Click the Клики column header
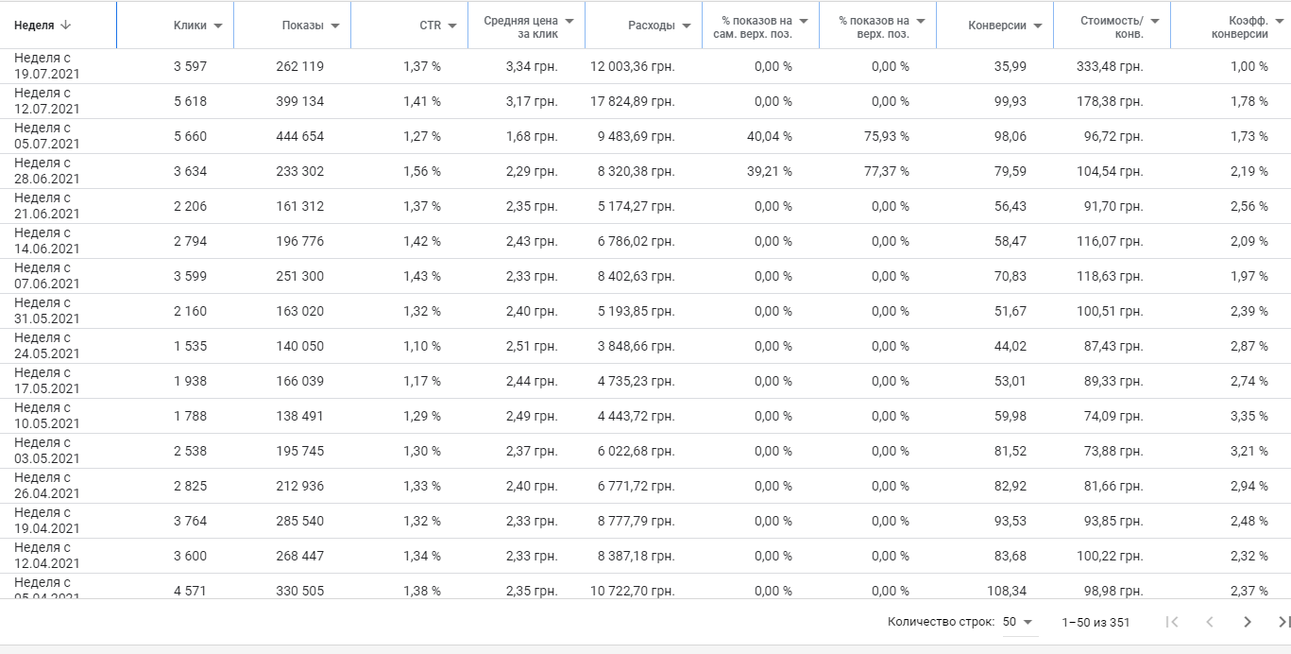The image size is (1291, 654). coord(190,26)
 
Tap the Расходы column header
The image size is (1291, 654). coord(651,26)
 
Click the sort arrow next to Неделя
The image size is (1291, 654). coord(65,26)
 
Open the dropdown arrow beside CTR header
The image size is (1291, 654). coord(452,26)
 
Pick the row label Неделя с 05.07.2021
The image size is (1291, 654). coord(47,136)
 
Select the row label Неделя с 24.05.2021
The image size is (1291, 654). coord(47,346)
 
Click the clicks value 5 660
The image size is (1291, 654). coord(190,136)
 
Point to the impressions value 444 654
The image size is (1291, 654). coord(300,136)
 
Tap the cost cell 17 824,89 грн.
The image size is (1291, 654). coord(633,101)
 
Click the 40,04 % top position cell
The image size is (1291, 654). coord(769,136)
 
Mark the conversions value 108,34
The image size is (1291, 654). coord(1005,591)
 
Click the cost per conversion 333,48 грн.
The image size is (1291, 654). coord(1110,66)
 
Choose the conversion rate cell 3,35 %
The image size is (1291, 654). coord(1249,416)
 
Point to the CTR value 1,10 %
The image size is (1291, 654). coord(422,346)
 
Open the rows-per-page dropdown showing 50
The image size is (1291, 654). coord(1018,622)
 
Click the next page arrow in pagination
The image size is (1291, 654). coord(1248,622)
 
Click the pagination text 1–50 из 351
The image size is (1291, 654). coord(1096,622)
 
